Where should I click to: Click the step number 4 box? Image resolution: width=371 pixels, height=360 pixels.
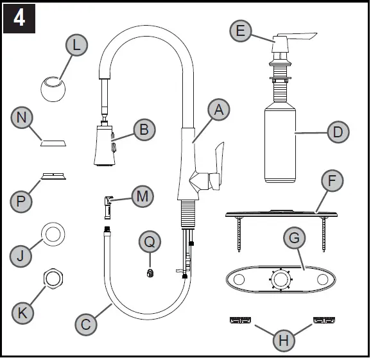coord(19,17)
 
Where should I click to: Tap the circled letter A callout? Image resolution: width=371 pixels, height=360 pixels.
coord(219,110)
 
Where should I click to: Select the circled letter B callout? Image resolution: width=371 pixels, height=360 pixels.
coord(144,130)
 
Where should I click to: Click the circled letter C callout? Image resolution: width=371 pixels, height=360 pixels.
coord(85,323)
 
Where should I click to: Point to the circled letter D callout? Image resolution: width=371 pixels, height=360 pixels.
coord(338,132)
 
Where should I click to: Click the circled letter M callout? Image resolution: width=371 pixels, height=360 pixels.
coord(141,196)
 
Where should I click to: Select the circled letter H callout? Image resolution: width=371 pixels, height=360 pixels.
coord(282,340)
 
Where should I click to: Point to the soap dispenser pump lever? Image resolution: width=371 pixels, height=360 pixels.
coord(302,37)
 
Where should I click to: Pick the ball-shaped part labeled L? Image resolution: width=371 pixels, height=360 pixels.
coord(52,87)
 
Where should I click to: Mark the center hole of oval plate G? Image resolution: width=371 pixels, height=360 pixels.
coord(281,279)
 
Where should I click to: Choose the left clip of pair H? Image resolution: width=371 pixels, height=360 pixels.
coord(239,320)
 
